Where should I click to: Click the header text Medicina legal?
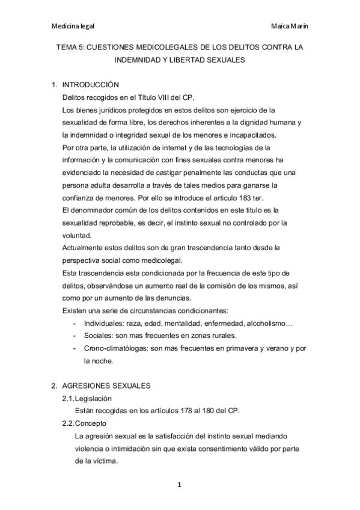click(x=73, y=26)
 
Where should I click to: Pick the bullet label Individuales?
click(x=106, y=324)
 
